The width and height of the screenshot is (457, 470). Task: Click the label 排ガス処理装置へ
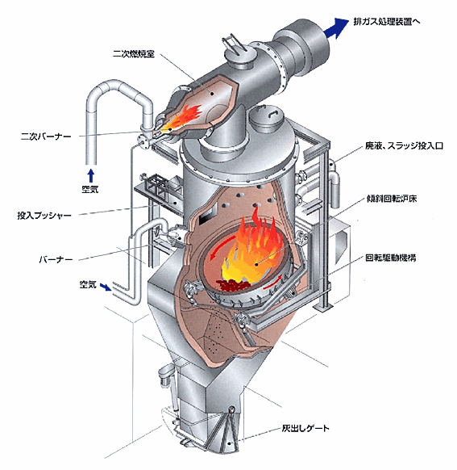pos(387,22)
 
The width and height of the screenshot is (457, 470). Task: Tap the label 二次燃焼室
pos(134,54)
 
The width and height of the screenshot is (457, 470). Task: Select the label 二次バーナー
pos(46,136)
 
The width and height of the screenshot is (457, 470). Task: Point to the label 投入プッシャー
pos(44,216)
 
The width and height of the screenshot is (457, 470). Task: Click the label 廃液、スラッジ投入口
pos(404,146)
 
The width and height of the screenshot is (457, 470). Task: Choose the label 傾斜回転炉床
pos(391,199)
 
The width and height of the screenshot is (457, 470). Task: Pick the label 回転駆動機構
pos(390,258)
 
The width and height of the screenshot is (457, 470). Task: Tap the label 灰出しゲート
pos(305,428)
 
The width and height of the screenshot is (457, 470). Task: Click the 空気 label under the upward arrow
pos(90,190)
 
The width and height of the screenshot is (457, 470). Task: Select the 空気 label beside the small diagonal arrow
pos(88,284)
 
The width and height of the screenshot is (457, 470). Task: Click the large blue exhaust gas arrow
pos(335,28)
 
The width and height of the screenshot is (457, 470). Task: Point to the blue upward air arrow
pos(91,176)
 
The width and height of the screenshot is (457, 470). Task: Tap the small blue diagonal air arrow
pos(106,287)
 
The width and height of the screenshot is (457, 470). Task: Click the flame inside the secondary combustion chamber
pos(183,118)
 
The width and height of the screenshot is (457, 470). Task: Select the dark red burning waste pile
pos(233,284)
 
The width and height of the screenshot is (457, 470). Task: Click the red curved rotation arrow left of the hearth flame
pos(220,246)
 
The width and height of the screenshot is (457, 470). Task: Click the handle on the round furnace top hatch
pos(272,114)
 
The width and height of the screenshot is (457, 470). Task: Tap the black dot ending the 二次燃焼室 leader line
pos(212,94)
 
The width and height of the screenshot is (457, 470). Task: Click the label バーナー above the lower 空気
pos(56,259)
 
